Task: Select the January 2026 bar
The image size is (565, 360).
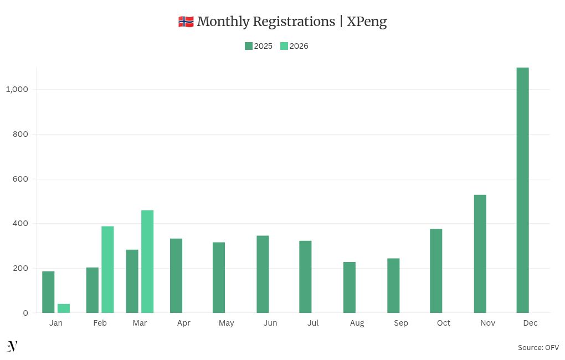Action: point(64,308)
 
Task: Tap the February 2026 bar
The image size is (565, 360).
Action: point(107,269)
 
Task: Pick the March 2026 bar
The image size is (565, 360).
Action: point(147,261)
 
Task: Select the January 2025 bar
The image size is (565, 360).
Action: point(48,292)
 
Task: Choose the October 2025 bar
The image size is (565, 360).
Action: point(436,271)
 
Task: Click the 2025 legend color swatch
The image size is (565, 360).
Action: point(249,46)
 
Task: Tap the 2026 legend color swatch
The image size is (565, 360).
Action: point(284,46)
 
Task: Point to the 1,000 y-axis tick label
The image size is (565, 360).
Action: point(17,89)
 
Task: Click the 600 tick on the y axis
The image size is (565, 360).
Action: point(20,179)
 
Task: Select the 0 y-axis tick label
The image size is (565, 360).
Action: point(25,313)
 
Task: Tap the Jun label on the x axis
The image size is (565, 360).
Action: point(270,323)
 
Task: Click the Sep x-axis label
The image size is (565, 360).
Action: point(400,323)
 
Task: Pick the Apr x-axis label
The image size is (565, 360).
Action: point(183,323)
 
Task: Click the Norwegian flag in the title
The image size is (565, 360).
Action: point(186,22)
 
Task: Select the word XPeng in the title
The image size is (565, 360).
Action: point(367,22)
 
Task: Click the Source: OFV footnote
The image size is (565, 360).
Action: point(538,347)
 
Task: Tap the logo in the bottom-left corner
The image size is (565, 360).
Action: point(12,347)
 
